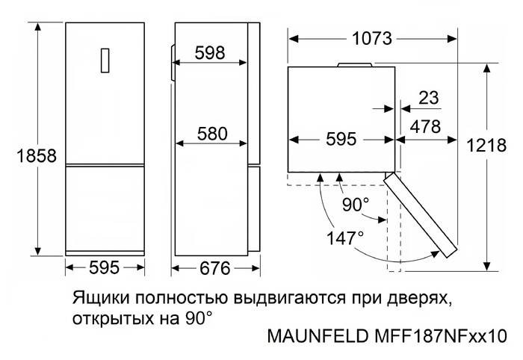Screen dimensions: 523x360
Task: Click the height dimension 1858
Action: click(x=37, y=155)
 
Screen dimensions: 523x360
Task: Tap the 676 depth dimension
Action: click(x=215, y=268)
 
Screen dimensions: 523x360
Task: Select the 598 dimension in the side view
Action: click(x=210, y=53)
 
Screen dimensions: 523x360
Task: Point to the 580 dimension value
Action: click(x=212, y=134)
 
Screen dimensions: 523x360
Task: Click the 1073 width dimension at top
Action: click(x=372, y=39)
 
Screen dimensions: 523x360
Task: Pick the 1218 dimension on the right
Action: click(x=486, y=146)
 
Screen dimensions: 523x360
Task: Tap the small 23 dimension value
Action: click(x=429, y=98)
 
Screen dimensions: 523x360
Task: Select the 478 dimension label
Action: click(x=426, y=127)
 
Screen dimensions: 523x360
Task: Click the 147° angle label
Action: click(x=345, y=238)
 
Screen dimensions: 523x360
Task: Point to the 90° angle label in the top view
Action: click(x=356, y=205)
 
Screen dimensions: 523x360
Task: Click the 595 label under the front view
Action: click(x=104, y=267)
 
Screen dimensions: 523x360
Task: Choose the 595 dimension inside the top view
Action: click(x=341, y=139)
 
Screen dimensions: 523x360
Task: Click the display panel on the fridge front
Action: click(x=105, y=60)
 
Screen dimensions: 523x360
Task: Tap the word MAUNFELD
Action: click(x=318, y=336)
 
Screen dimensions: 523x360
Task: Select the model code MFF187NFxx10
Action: click(x=441, y=336)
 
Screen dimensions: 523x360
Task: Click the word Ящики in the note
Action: click(x=101, y=298)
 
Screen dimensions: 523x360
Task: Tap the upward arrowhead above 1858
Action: click(x=37, y=27)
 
